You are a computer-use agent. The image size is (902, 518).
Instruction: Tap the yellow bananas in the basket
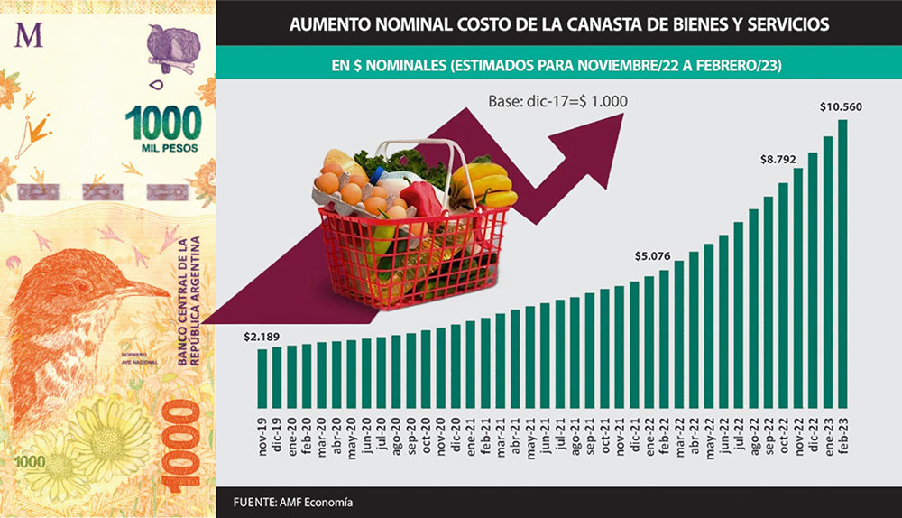(483, 184)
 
